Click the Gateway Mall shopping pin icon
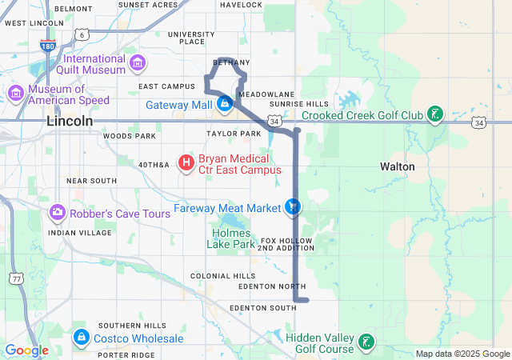(225, 104)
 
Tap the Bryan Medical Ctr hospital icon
(186, 164)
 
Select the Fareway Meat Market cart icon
(294, 207)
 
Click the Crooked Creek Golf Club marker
(434, 115)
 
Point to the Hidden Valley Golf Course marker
(366, 342)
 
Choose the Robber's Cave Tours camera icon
(58, 214)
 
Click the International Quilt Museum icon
(138, 63)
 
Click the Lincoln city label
(70, 121)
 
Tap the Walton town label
(398, 166)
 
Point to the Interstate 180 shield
(48, 46)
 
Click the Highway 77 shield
(17, 278)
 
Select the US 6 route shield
(82, 35)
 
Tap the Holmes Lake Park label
(234, 238)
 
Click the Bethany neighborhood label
(232, 62)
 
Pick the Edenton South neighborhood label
(262, 307)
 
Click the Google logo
(27, 350)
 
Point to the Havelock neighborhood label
(241, 5)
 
